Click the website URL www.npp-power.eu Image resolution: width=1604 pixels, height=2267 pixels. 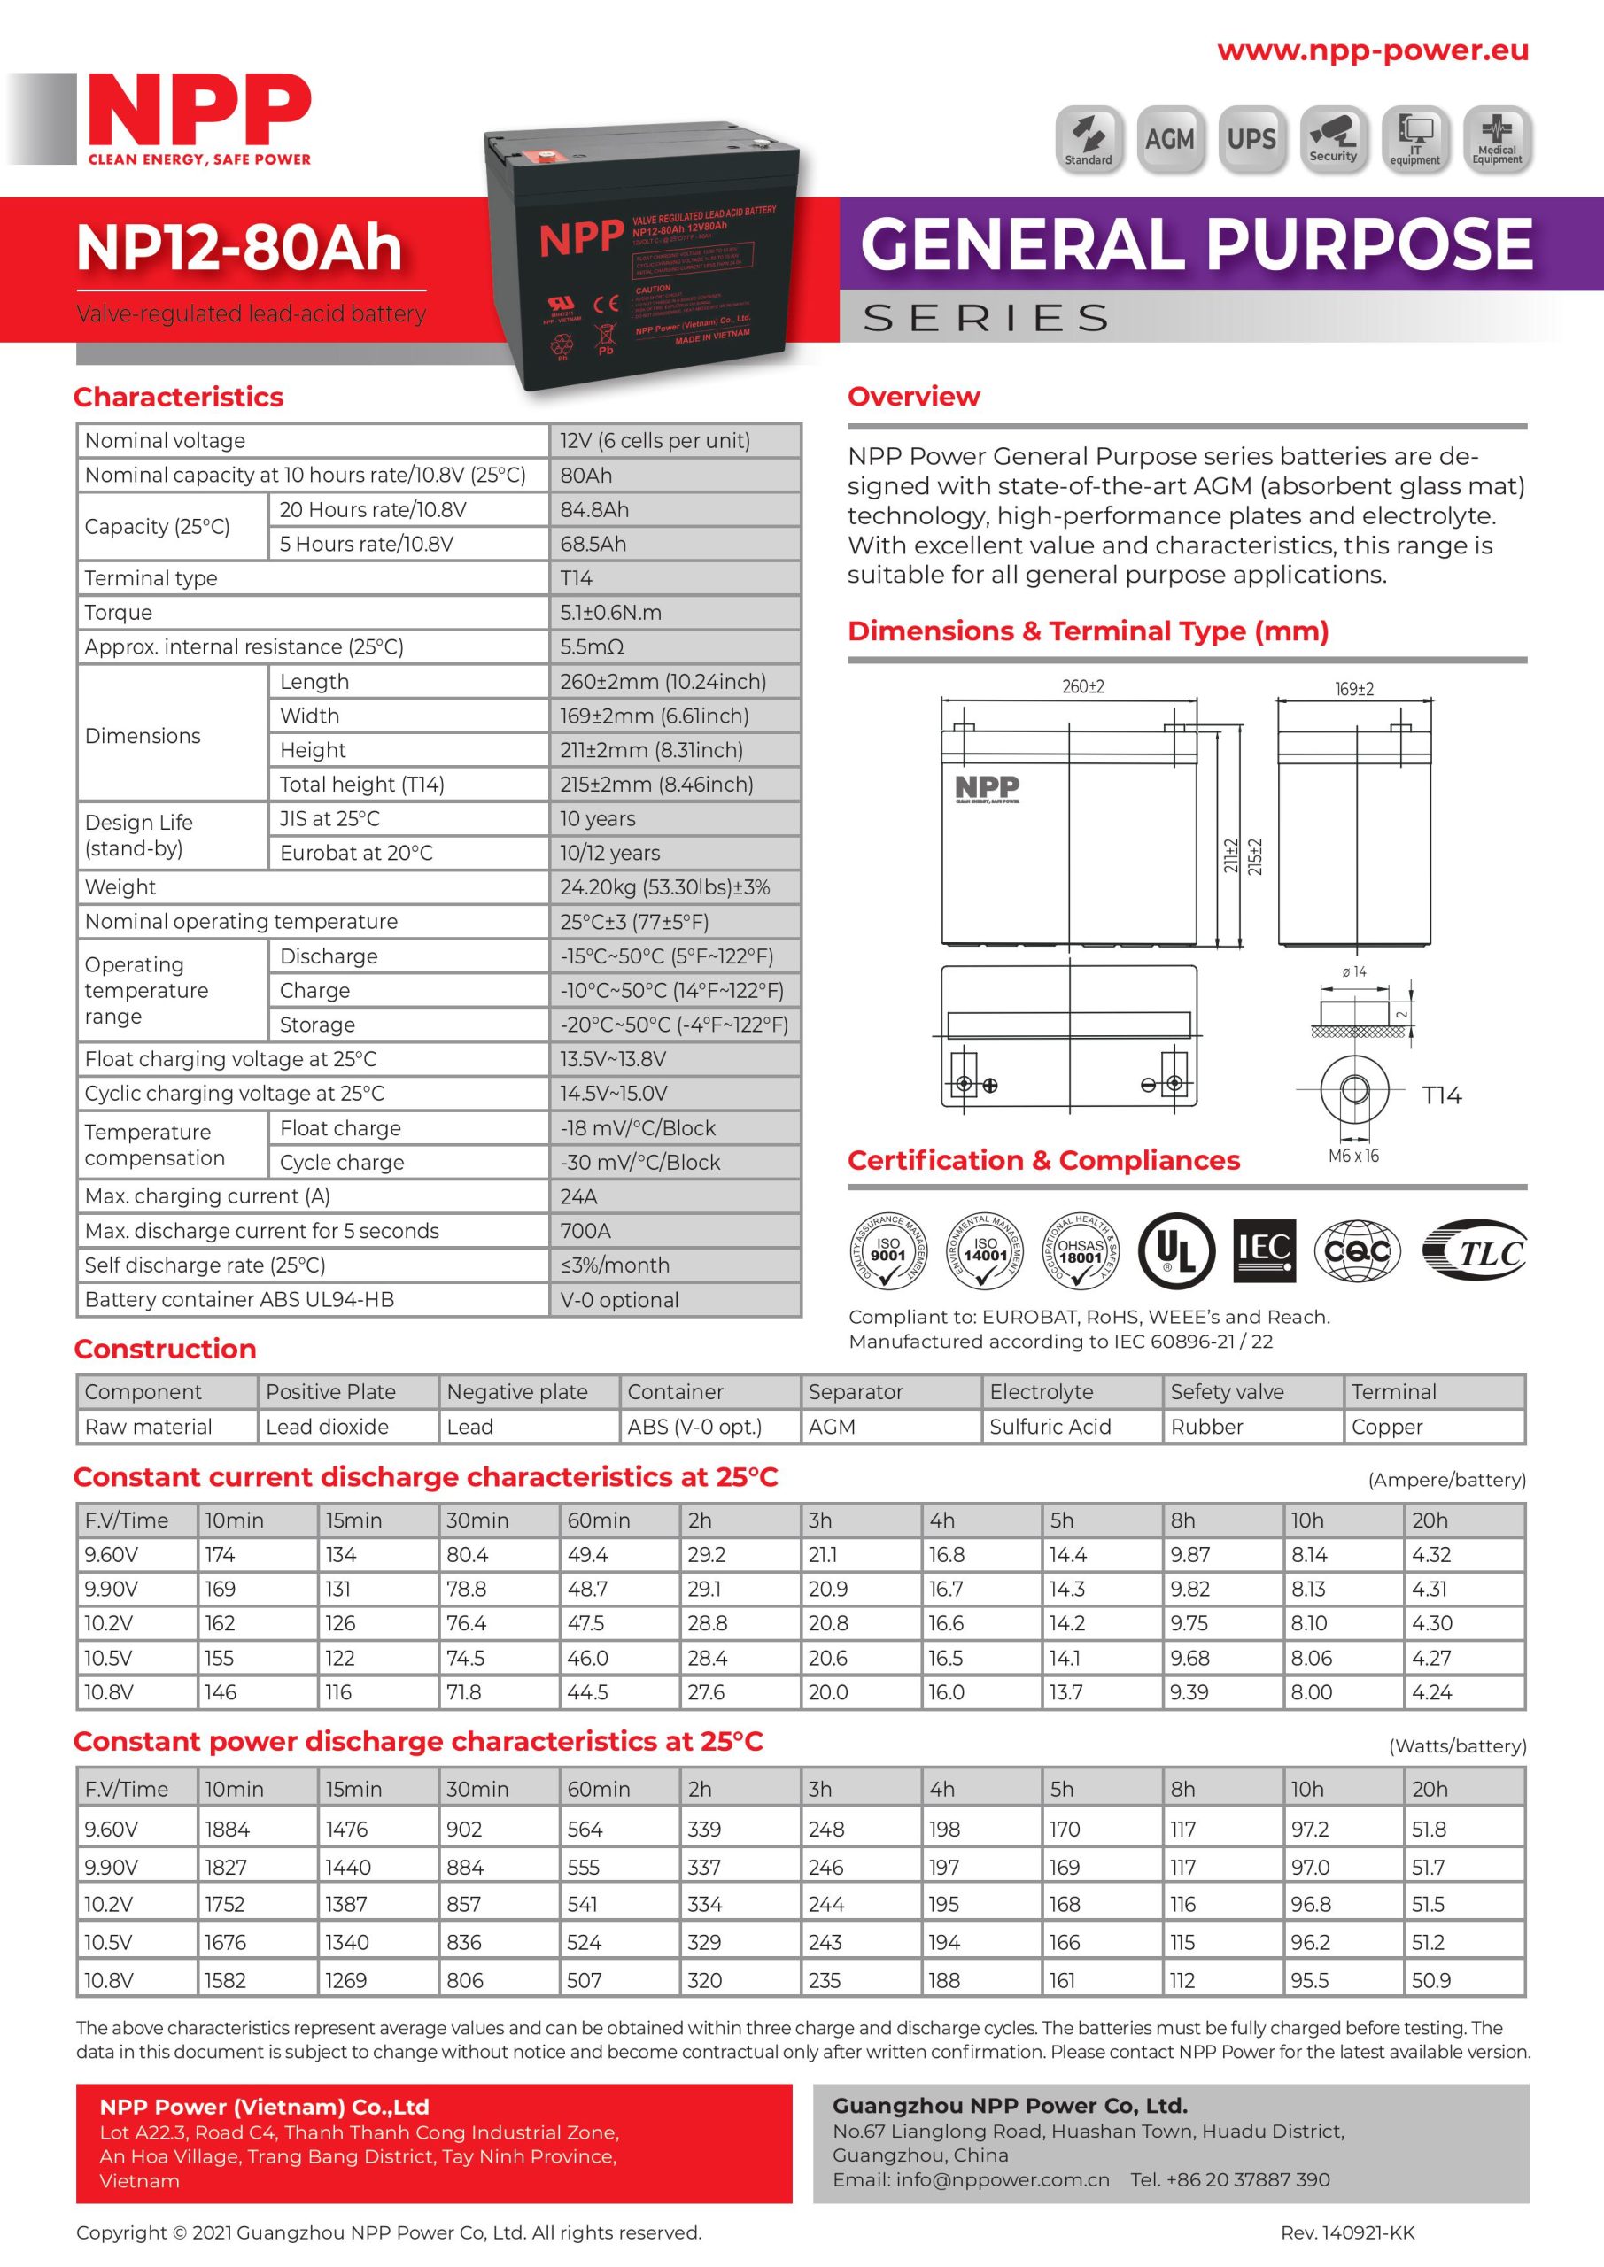1372,50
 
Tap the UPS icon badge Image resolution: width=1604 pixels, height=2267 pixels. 1251,139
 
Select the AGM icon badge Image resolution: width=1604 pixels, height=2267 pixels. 1169,139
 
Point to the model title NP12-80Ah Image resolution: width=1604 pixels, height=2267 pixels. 239,247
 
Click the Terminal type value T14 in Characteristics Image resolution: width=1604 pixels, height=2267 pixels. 577,578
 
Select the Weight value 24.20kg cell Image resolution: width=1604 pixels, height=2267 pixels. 663,887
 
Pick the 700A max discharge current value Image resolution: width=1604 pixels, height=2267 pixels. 585,1231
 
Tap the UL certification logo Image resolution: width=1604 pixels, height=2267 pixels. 1174,1251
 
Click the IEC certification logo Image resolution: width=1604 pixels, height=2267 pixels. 1264,1251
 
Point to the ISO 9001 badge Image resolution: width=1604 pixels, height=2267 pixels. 888,1251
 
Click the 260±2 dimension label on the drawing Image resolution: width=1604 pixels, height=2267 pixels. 1082,686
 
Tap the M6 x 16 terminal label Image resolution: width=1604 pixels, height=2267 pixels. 1353,1157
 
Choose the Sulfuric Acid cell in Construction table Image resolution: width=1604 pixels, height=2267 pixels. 1050,1427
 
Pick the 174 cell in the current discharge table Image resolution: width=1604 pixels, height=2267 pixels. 220,1555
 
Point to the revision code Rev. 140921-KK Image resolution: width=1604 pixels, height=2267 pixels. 1347,2232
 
